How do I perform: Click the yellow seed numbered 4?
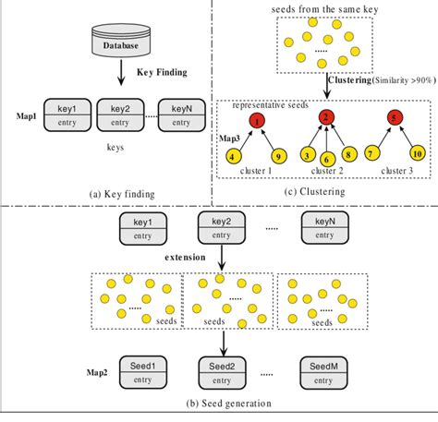230,156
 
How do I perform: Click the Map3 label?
228,138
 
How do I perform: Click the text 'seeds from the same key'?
324,9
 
